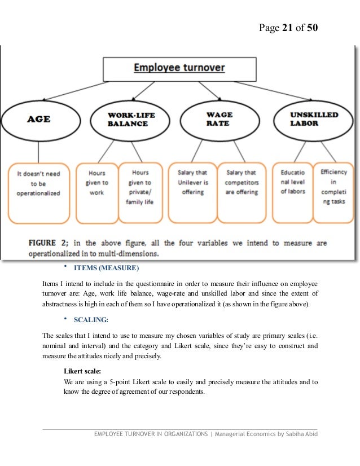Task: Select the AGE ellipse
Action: point(38,119)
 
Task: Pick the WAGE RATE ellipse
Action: point(217,119)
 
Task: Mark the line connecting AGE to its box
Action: point(38,151)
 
